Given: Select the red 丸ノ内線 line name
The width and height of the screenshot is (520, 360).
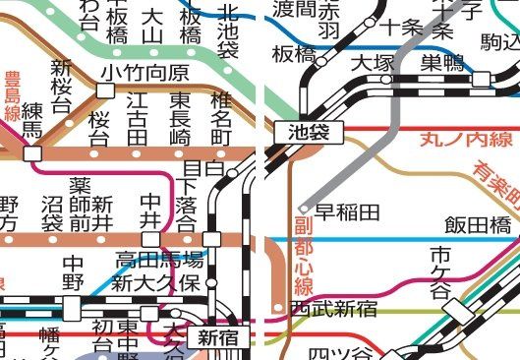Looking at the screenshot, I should coord(455,140).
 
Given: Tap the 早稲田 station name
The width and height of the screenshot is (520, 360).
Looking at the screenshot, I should coord(347,210).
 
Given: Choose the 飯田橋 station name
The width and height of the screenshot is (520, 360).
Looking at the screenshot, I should coord(478,226).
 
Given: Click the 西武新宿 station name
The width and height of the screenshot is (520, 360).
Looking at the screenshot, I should coord(333,309).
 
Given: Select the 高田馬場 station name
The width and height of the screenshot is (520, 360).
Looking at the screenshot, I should coord(159,261).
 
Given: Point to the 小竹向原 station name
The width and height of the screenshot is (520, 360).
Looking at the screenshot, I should coord(144,73).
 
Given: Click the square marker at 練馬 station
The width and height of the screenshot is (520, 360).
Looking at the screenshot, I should coord(33,153).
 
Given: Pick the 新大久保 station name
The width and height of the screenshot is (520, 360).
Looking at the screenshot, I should coord(155,284).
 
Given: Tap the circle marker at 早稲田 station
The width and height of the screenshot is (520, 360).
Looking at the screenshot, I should coord(306,209).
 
